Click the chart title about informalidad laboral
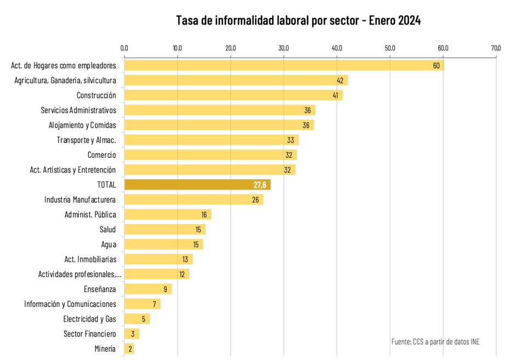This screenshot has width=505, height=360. pyautogui.click(x=298, y=21)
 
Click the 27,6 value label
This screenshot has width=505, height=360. pyautogui.click(x=260, y=185)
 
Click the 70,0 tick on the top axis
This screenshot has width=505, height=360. pyautogui.click(x=496, y=48)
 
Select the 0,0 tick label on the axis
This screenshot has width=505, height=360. pyautogui.click(x=124, y=48)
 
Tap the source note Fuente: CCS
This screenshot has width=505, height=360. pyautogui.click(x=435, y=341)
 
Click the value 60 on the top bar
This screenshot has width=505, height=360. pyautogui.click(x=436, y=66)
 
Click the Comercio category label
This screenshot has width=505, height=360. pyautogui.click(x=101, y=155)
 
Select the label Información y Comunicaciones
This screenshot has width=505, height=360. pyautogui.click(x=70, y=304)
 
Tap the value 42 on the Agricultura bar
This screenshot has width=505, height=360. pyautogui.click(x=340, y=81)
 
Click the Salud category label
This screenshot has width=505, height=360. pyautogui.click(x=107, y=229)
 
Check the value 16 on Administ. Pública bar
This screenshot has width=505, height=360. pyautogui.click(x=204, y=214)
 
